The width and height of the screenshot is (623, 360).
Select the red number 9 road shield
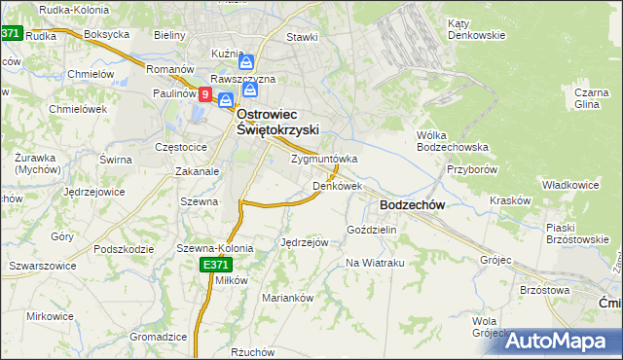pyautogui.click(x=205, y=94)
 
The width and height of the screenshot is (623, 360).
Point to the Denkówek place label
pyautogui.click(x=337, y=185)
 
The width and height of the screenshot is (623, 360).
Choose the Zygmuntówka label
pyautogui.click(x=324, y=159)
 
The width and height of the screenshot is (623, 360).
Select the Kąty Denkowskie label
pyautogui.click(x=476, y=29)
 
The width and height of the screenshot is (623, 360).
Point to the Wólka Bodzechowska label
pyautogui.click(x=452, y=141)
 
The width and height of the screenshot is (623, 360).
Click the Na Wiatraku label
pyautogui.click(x=375, y=264)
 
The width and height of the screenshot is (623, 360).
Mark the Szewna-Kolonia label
pyautogui.click(x=214, y=248)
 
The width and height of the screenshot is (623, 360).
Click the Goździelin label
pyautogui.click(x=372, y=230)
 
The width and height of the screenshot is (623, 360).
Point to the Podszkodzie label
pyautogui.click(x=126, y=248)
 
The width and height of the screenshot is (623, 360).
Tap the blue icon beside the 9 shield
pyautogui.click(x=226, y=99)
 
